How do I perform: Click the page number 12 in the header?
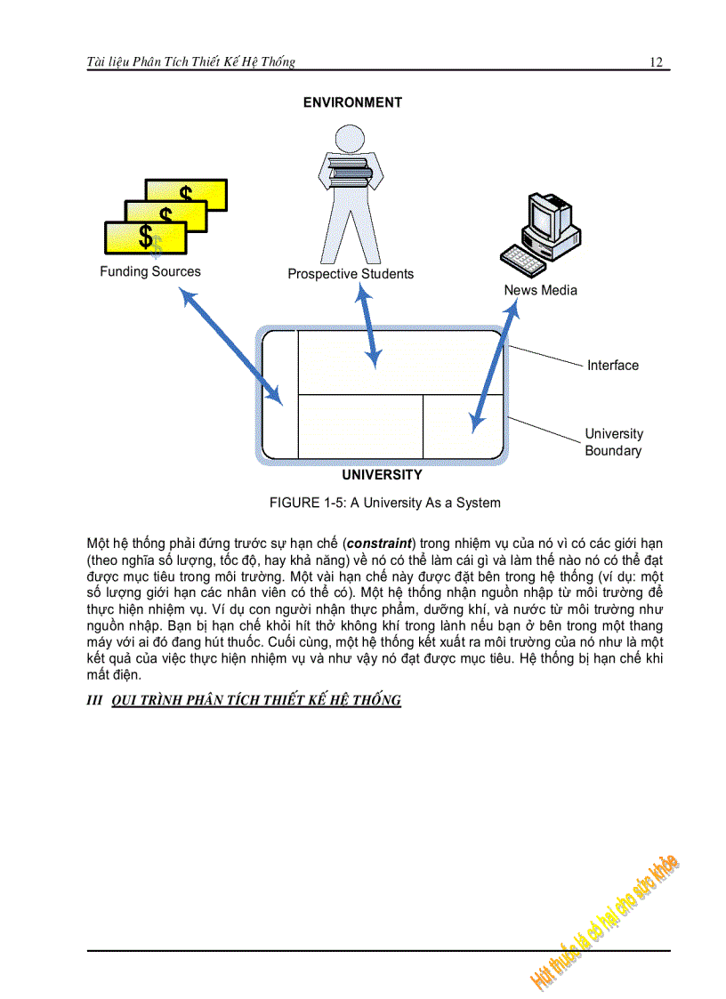(656, 61)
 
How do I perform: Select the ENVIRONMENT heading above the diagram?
(352, 102)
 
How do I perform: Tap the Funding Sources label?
(150, 271)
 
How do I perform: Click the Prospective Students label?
(351, 274)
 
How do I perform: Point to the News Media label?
(540, 290)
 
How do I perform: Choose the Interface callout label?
(612, 365)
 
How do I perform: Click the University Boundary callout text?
(613, 442)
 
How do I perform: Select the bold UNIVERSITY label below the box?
(382, 475)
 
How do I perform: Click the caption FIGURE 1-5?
(384, 503)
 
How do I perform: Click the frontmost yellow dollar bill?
(145, 238)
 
